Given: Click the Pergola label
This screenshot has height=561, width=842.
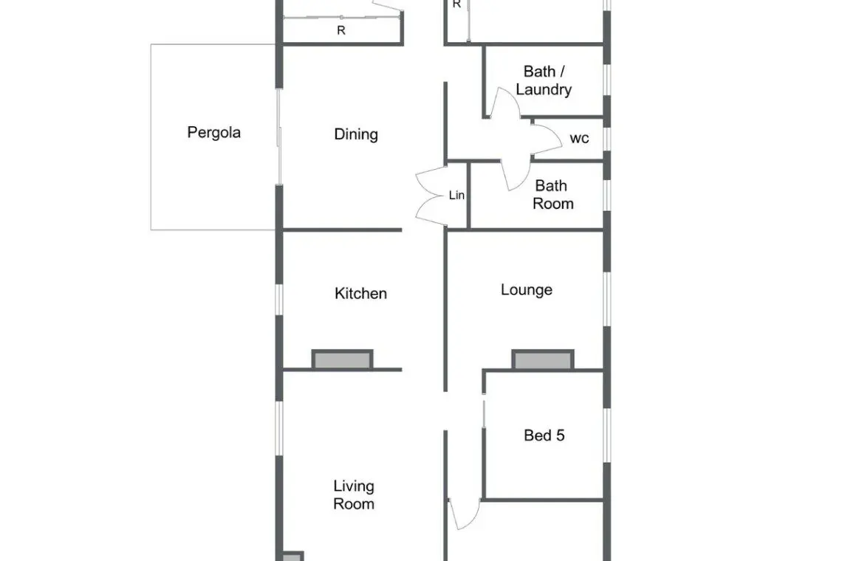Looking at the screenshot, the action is pos(213,133).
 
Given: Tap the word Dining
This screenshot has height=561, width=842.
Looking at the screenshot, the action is pos(356,134).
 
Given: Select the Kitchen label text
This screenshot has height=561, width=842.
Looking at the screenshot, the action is pos(361,293).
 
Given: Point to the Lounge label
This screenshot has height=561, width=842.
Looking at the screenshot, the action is pos(526,290).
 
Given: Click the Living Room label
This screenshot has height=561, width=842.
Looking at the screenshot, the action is pos(354,495).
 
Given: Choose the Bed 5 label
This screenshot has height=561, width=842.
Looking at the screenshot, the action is pos(544,435).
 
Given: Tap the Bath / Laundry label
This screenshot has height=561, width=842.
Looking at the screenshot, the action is pos(544,80).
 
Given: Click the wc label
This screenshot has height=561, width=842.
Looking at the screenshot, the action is pos(579,139).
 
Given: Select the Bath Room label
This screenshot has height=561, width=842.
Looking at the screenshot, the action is pos(552,194).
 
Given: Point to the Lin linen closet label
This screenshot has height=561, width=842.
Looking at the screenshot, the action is pos(456,196).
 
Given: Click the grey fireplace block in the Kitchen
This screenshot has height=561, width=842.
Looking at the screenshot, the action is pos(342,359).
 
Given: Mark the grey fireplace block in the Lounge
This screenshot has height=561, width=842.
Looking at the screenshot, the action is pos(542,359).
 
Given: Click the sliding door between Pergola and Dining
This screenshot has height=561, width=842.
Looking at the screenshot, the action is pos(278,137).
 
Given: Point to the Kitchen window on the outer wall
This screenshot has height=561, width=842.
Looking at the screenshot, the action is pos(278,299).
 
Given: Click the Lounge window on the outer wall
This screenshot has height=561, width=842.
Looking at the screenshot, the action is pos(607,298).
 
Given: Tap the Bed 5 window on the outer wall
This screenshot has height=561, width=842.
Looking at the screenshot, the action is pos(607,435).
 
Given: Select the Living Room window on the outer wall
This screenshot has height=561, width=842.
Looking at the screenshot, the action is pos(278,428).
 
